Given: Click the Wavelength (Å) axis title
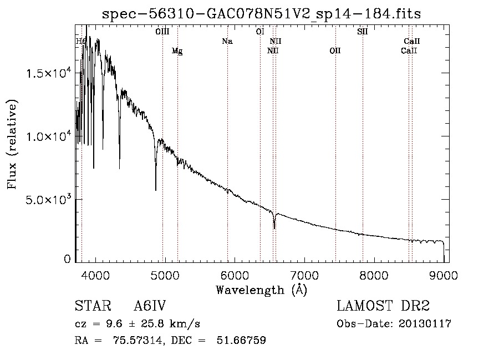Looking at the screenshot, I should click(261, 290).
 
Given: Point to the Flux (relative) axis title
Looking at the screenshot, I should click(12, 144).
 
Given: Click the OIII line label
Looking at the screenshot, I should click(162, 32).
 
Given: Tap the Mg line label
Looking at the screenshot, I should click(177, 51).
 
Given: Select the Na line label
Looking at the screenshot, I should click(227, 41).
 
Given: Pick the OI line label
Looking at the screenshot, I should click(259, 32).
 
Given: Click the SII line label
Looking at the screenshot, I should click(362, 32).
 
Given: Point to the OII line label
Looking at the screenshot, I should click(335, 51).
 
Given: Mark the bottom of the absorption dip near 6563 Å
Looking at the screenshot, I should click(274, 228).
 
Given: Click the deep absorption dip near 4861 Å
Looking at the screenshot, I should click(156, 190).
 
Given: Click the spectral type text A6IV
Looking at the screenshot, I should click(150, 306).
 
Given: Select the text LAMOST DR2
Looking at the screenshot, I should click(383, 306).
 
